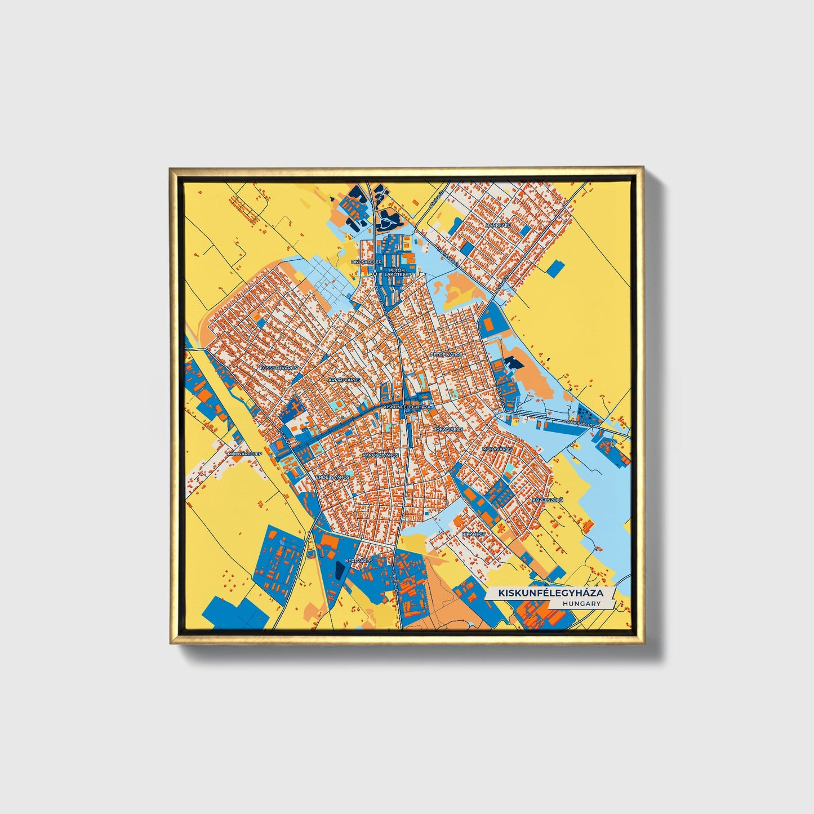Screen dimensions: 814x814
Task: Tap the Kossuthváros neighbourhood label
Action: pyautogui.click(x=278, y=367)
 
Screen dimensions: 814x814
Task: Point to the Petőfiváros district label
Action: pyautogui.click(x=446, y=354)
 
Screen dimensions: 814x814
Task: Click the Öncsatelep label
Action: pyautogui.click(x=366, y=262)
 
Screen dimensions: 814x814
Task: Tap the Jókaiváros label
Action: pyautogui.click(x=448, y=429)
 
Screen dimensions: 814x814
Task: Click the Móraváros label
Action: pyautogui.click(x=497, y=449)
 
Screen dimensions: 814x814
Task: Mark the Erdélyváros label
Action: pyautogui.click(x=332, y=477)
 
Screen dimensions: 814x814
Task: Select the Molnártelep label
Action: pyautogui.click(x=244, y=453)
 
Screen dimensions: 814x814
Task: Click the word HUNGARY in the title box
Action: pyautogui.click(x=581, y=603)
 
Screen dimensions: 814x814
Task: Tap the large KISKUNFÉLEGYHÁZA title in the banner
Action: pyautogui.click(x=550, y=593)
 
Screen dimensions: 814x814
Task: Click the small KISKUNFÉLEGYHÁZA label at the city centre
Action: pyautogui.click(x=406, y=406)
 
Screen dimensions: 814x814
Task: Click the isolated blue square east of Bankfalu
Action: pyautogui.click(x=555, y=268)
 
